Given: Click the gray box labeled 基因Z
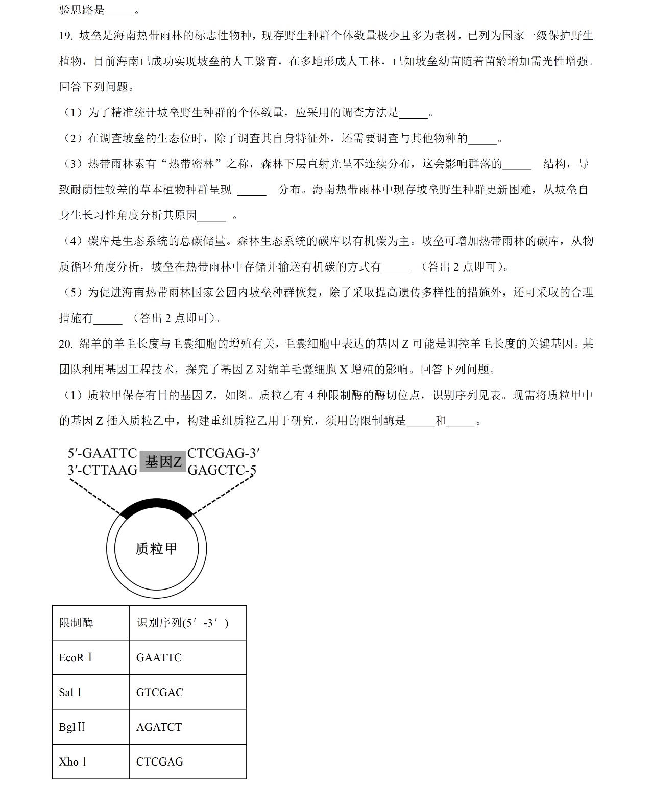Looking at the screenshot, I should pos(163,462).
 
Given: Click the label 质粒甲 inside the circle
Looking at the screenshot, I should pos(156,549).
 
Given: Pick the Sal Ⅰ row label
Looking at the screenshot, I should pos(70,693).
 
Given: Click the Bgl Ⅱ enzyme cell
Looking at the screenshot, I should pos(72,727).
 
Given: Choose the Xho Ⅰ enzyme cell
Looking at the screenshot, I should pos(72,762).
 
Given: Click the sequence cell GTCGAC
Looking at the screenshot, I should pos(159,693).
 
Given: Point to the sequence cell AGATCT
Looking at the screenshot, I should pos(159,727).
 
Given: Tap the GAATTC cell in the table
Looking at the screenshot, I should pos(159,658).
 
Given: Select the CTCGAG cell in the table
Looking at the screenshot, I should pos(159,762).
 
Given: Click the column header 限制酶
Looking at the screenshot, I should pos(76,623).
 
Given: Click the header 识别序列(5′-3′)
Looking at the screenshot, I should pos(182,623).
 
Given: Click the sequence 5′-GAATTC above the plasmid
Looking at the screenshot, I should pos(102,453).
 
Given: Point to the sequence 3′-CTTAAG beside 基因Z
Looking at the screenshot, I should pos(102,470).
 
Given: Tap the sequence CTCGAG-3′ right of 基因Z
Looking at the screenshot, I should pos(224,453).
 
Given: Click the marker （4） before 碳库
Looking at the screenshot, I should pos(73,241).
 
